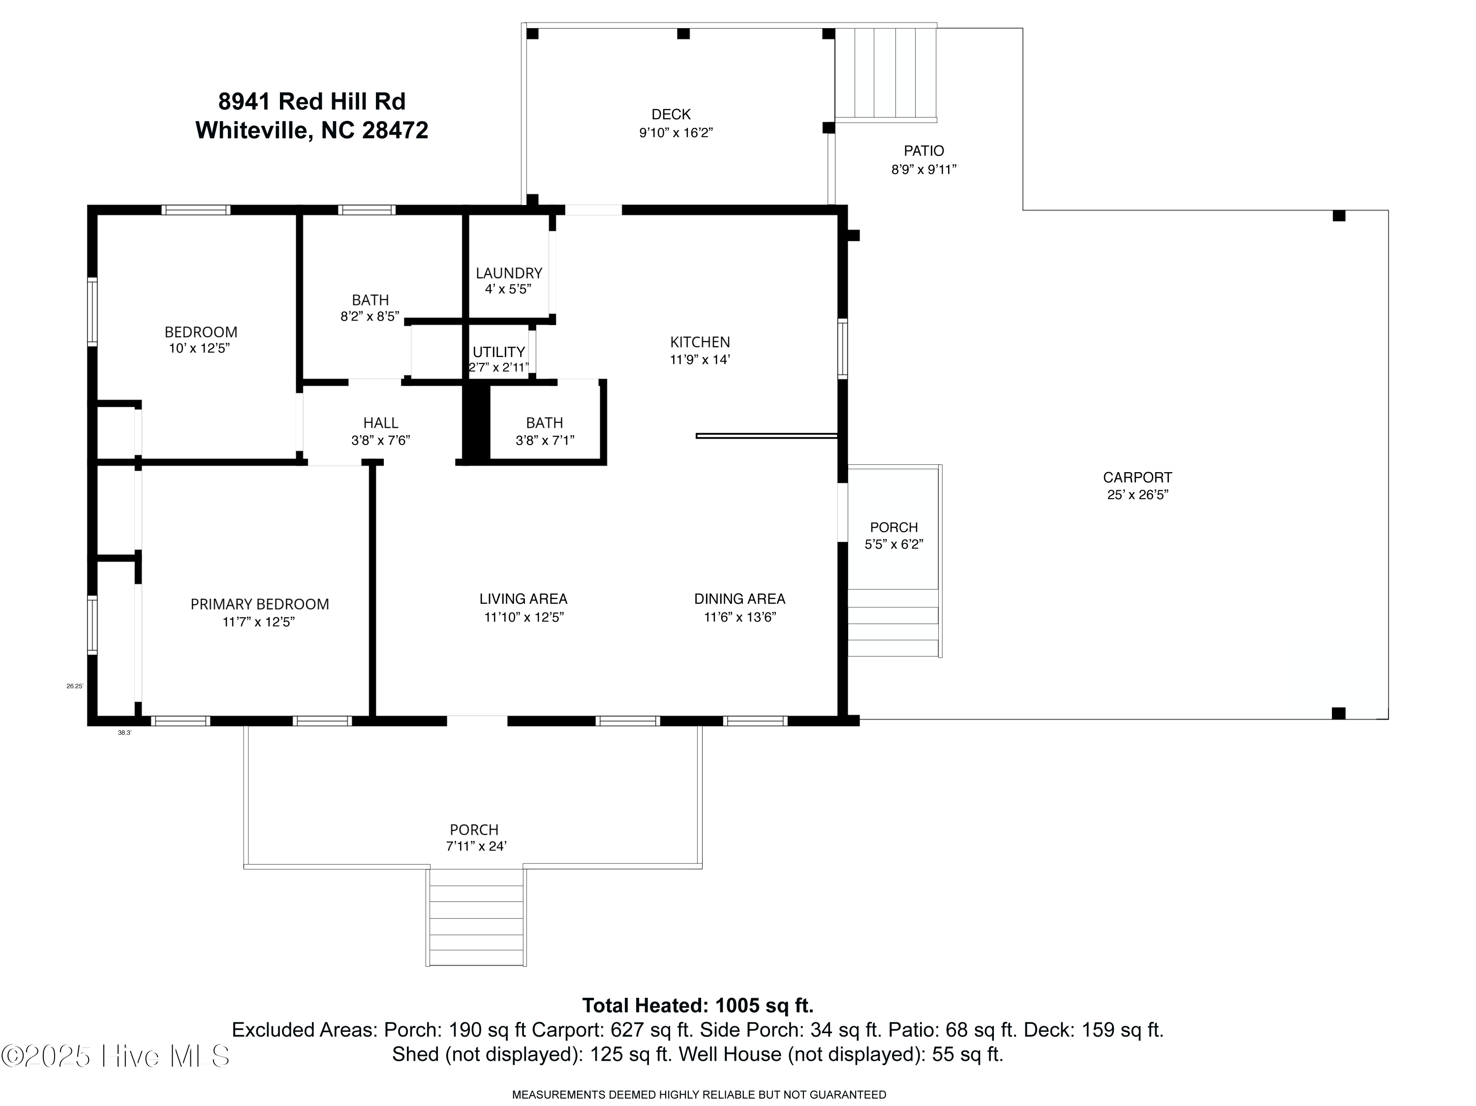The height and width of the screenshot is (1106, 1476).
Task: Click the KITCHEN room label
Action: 700,342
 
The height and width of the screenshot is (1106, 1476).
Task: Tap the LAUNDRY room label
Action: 508,273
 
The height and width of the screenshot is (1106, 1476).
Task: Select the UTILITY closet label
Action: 498,352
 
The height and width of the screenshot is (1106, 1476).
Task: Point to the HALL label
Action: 380,423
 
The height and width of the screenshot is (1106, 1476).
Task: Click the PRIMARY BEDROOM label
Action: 260,604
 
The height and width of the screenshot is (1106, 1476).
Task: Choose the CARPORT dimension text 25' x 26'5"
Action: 1137,495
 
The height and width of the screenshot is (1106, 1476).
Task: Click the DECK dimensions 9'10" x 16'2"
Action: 676,133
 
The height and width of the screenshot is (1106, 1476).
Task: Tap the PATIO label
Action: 923,151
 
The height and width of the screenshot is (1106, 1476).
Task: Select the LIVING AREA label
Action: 523,599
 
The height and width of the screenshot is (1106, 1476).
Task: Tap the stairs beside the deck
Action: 886,73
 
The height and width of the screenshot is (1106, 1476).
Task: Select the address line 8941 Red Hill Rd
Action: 311,101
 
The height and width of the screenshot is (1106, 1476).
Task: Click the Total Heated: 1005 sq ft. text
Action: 697,1005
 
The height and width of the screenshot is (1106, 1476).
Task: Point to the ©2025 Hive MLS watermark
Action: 116,1056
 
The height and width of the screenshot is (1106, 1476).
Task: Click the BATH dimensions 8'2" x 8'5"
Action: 369,317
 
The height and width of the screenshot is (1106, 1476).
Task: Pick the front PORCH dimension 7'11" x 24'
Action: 476,846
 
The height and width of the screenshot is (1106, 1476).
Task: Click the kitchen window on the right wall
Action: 842,349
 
